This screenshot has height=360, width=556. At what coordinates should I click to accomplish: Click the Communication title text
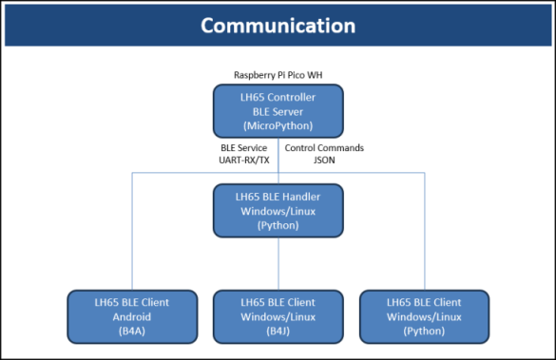278,25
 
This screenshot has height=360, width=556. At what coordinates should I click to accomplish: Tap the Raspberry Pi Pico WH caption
278,74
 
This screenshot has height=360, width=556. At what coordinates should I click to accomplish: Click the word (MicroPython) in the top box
278,125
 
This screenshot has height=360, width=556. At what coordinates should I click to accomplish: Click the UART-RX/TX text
245,161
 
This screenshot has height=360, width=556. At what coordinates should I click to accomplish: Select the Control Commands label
324,148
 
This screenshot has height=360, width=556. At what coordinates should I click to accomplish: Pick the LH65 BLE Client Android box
131,316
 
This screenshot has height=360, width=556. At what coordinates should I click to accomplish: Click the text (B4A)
131,330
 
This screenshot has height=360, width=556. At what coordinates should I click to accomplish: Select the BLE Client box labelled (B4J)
278,316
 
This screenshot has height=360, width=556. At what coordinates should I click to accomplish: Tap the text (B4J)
278,330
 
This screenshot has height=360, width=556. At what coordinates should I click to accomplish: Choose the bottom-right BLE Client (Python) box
424,316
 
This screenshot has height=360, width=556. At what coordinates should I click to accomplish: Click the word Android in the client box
131,316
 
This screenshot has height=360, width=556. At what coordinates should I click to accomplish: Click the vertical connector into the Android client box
131,233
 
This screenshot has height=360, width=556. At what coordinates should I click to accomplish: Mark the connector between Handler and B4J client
278,264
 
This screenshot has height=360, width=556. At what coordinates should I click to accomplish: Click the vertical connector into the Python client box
424,233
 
